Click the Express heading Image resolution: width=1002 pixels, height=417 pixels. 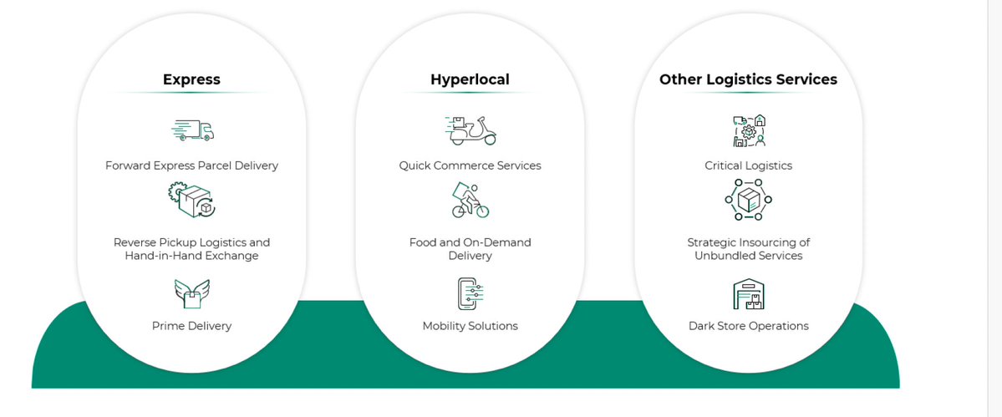click(191, 80)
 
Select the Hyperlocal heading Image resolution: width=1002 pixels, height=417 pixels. click(470, 80)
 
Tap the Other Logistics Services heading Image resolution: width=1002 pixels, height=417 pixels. click(748, 80)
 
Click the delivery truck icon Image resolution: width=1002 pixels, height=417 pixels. click(192, 130)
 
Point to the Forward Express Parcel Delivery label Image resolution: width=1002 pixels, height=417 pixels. click(191, 165)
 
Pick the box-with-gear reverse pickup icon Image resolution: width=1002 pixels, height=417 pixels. click(191, 201)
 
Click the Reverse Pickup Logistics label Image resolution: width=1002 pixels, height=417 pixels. click(191, 249)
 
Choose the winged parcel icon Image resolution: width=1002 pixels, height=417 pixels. click(191, 293)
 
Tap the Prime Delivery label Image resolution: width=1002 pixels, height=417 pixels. click(191, 326)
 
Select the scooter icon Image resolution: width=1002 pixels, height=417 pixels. click(470, 130)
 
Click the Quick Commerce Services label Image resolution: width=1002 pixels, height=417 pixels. click(470, 165)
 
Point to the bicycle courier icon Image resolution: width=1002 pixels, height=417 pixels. click(470, 201)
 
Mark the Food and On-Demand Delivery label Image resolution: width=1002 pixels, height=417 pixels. click(470, 249)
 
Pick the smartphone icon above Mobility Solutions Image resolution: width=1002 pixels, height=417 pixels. click(470, 293)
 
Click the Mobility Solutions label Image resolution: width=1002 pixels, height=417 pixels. click(470, 326)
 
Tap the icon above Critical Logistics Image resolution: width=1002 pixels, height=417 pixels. click(748, 131)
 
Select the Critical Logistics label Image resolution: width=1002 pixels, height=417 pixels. click(748, 165)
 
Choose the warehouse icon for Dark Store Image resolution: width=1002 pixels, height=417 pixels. click(748, 293)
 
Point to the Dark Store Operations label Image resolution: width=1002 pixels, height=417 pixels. click(748, 326)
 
